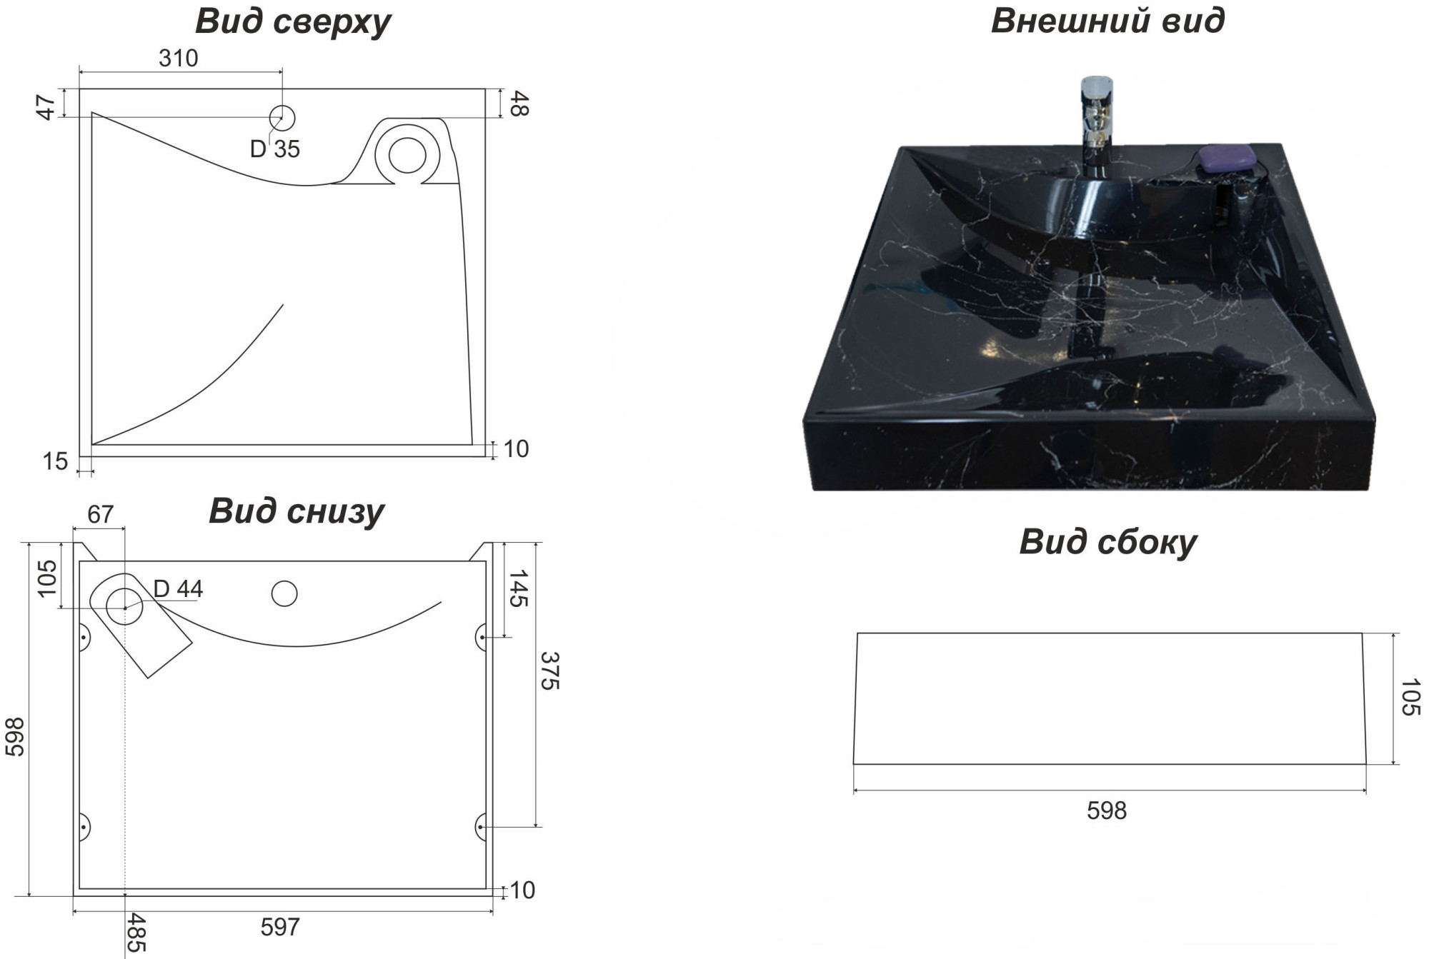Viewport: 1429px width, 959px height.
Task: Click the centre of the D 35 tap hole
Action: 282,118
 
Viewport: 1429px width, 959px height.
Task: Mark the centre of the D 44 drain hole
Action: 124,607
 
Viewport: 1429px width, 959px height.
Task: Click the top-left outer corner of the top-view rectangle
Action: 79,89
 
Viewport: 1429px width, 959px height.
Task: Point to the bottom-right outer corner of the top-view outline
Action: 486,456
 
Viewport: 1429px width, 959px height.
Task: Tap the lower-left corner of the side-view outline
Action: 854,764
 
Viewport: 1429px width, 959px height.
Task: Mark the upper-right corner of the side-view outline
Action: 1362,633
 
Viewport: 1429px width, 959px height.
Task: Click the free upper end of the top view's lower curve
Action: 283,305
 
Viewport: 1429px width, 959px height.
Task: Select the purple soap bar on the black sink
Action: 1227,158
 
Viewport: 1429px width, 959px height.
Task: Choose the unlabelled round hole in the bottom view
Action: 284,593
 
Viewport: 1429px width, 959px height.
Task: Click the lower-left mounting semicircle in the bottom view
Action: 84,827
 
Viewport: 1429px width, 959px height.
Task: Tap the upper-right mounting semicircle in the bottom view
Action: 481,637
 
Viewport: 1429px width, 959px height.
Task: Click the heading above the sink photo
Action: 1107,21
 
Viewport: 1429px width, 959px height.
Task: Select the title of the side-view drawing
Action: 1107,542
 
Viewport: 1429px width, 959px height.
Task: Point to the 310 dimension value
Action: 179,58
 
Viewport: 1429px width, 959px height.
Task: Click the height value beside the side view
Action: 1410,697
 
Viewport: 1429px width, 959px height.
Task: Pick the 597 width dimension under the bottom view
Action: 280,927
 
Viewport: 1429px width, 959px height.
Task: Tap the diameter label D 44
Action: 179,588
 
